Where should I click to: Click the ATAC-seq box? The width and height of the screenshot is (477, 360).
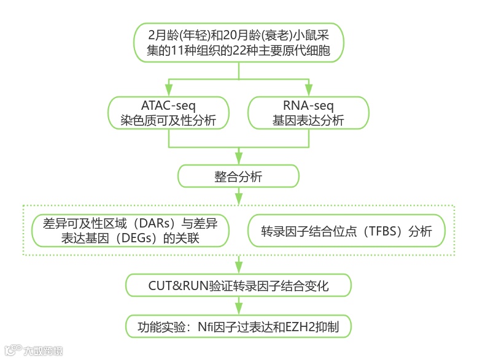(168, 113)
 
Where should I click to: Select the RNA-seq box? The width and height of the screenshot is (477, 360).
(308, 113)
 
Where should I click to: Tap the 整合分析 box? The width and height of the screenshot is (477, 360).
(238, 177)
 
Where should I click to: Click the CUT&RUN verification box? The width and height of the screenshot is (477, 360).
(238, 285)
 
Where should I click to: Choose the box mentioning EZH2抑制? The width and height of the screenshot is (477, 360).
(238, 325)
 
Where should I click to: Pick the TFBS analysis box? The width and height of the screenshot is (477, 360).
(346, 231)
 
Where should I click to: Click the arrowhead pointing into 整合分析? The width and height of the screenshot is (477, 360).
(238, 158)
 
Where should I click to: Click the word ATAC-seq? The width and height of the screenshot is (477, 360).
(168, 105)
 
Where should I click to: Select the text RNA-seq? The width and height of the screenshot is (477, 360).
(308, 105)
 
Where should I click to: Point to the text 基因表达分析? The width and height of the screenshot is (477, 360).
(308, 121)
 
